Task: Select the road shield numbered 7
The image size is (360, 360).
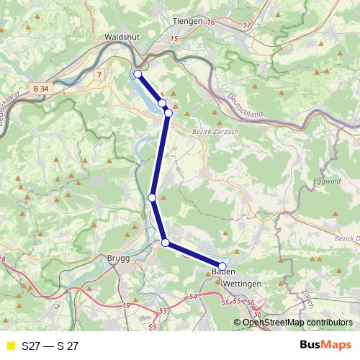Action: pos(98,74)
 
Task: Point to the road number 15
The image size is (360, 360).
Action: pos(174,38)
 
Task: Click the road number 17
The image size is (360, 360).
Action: pos(247,25)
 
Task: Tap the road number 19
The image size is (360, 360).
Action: pos(127,306)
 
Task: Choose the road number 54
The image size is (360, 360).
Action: pos(192,296)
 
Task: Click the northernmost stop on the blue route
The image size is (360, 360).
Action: pos(138,73)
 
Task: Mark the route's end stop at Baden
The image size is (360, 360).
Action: pos(222,266)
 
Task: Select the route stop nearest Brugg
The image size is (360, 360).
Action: pos(166,243)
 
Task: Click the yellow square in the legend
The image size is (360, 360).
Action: pos(10,346)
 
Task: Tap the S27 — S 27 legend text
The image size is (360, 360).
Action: pos(50,346)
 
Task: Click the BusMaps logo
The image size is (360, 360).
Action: pos(325,346)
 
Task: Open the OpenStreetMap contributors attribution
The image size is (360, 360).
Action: pos(297,323)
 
